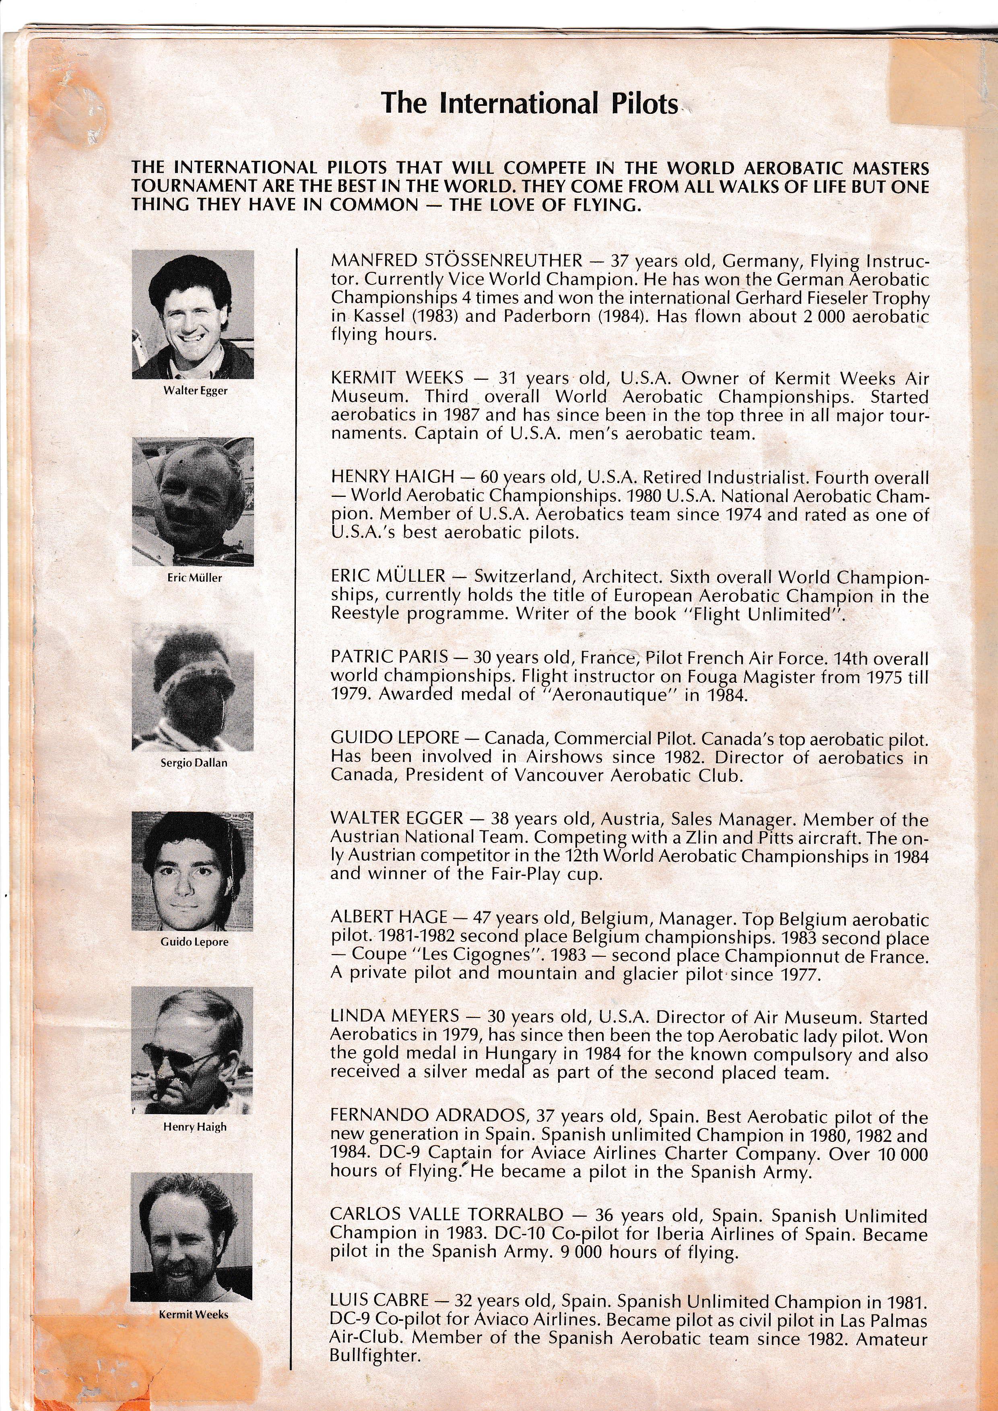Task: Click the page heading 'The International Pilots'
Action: tap(529, 103)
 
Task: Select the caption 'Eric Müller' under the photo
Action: tap(194, 578)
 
